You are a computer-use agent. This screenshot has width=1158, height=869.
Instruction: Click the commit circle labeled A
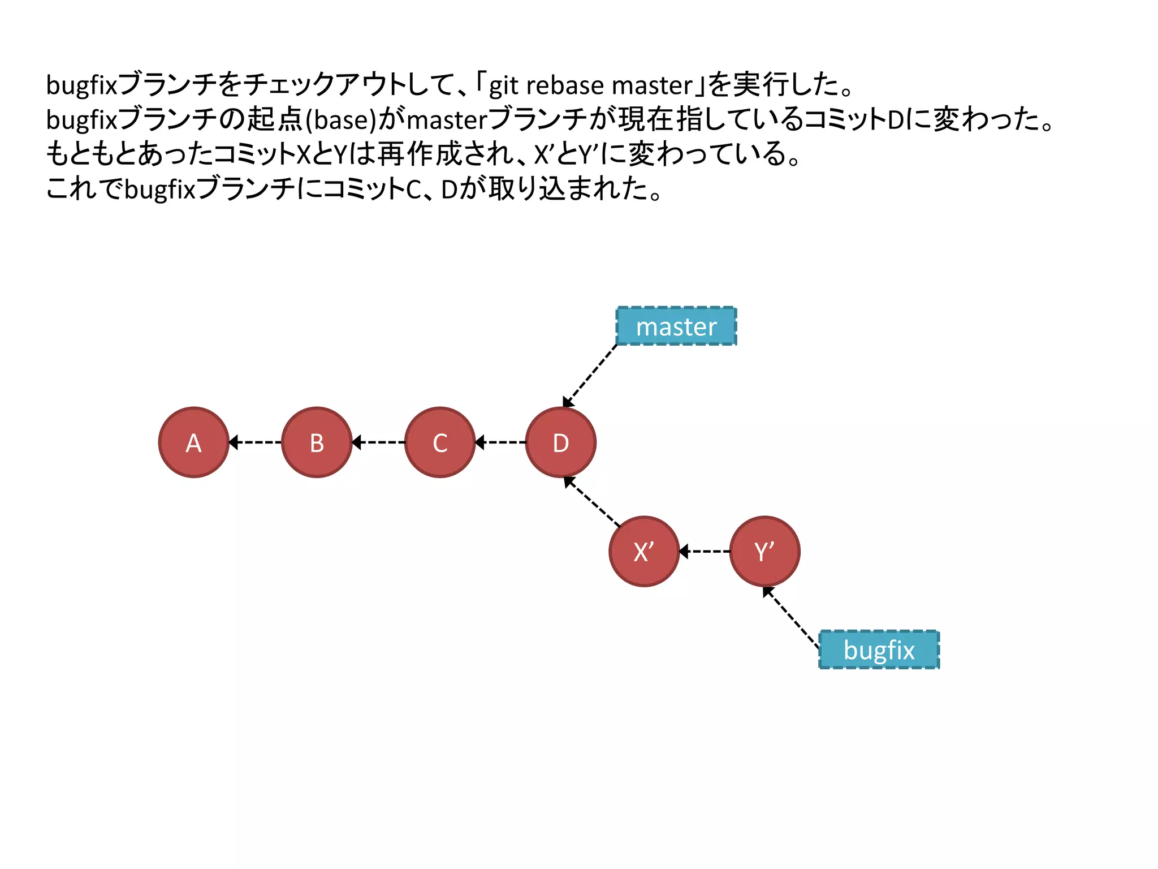pyautogui.click(x=193, y=442)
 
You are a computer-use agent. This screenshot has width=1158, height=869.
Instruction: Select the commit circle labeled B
pyautogui.click(x=317, y=442)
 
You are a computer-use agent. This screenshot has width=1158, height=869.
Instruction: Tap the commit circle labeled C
pyautogui.click(x=440, y=442)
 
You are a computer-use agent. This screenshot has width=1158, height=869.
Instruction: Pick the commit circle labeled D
pyautogui.click(x=560, y=442)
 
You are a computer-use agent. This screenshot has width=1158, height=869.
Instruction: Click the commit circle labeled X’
pyautogui.click(x=644, y=551)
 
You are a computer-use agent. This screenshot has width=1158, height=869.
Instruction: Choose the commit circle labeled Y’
pyautogui.click(x=764, y=551)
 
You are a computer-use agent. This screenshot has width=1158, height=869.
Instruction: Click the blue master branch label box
pyautogui.click(x=676, y=326)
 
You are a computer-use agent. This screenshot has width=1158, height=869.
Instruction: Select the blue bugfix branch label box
pyautogui.click(x=879, y=649)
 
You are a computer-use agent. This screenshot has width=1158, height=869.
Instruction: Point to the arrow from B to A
pyautogui.click(x=255, y=442)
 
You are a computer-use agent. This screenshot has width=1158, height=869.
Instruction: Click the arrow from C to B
pyautogui.click(x=378, y=442)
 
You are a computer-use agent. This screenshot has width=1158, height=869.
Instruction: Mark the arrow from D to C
pyautogui.click(x=500, y=442)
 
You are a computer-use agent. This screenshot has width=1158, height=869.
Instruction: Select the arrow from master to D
pyautogui.click(x=590, y=376)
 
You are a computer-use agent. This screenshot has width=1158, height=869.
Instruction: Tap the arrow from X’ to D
pyautogui.click(x=592, y=501)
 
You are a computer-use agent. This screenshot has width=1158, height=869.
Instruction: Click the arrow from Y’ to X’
pyautogui.click(x=705, y=551)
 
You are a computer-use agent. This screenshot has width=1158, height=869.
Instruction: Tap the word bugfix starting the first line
pyautogui.click(x=81, y=85)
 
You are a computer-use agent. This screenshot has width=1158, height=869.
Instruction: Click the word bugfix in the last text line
pyautogui.click(x=159, y=189)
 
